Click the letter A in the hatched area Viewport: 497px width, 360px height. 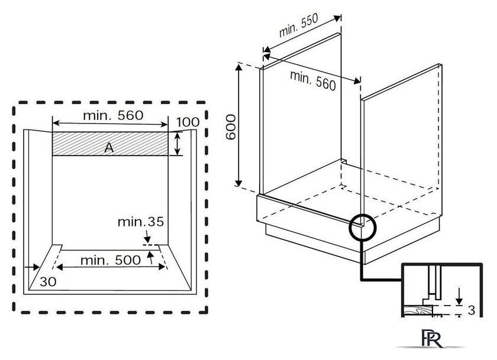109,148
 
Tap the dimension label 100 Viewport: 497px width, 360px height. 188,122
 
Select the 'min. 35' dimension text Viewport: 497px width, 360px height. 141,222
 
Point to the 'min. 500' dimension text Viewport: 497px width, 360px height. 111,260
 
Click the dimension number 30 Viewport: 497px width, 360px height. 48,282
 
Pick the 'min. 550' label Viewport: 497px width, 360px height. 298,25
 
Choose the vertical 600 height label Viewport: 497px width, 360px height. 231,127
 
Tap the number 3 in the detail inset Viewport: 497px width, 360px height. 472,310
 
